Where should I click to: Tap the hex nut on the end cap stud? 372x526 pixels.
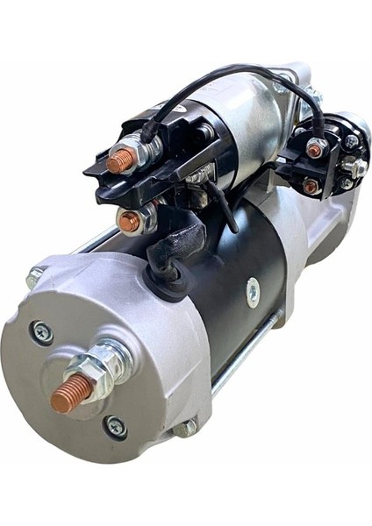point(99,364)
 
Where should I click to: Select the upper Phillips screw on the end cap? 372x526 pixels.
point(41,332)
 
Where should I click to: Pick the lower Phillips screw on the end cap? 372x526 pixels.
point(115,427)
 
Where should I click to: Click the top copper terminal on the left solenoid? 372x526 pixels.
point(119,159)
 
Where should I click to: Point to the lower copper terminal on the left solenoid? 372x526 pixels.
point(129,222)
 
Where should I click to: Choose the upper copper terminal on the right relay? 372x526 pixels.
point(314,150)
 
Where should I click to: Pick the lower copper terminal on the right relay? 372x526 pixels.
point(310,186)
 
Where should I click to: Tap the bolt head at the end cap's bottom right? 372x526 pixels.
point(186,430)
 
